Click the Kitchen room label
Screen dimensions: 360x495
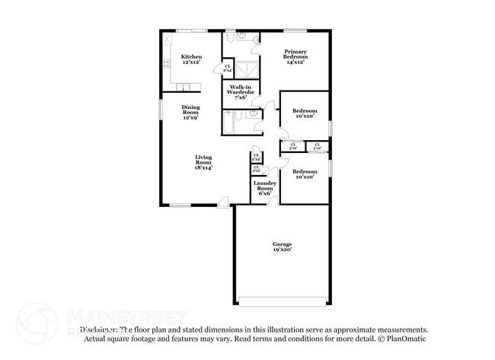click(191, 60)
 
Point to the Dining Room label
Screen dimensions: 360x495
click(190, 113)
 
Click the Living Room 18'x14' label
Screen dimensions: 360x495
click(203, 162)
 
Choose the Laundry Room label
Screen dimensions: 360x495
click(264, 188)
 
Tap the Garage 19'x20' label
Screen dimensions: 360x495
click(282, 247)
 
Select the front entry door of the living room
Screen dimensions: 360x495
click(223, 202)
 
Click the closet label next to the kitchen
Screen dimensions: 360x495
click(228, 68)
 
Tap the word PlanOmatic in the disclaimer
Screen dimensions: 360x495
click(406, 339)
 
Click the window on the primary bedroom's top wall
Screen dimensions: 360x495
click(295, 30)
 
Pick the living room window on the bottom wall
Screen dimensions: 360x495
click(180, 205)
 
